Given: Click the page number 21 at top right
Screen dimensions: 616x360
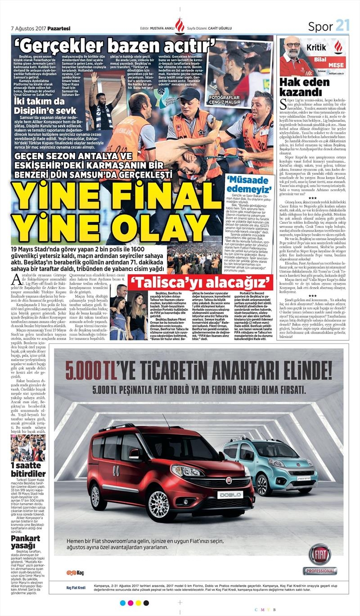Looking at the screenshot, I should [x=342, y=26].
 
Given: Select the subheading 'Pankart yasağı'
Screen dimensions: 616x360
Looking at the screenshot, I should [x=26, y=542].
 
